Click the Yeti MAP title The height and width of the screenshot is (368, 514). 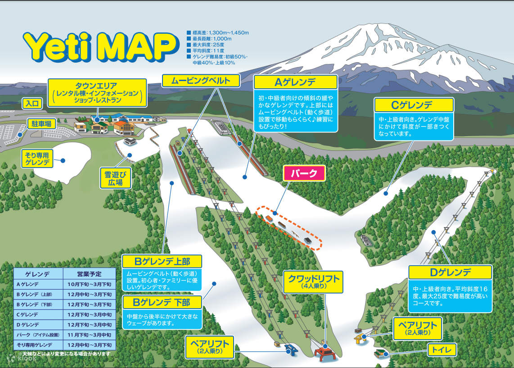tap(99, 47)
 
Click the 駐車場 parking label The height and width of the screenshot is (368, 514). tap(41, 123)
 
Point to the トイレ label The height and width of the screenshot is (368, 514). tap(442, 350)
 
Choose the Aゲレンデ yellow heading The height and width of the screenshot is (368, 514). tap(295, 82)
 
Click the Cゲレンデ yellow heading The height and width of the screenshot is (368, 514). tap(414, 105)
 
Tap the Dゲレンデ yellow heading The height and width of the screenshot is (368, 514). tap(450, 272)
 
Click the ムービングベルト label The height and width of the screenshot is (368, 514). tap(201, 81)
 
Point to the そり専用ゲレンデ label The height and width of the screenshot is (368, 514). tap(37, 158)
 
